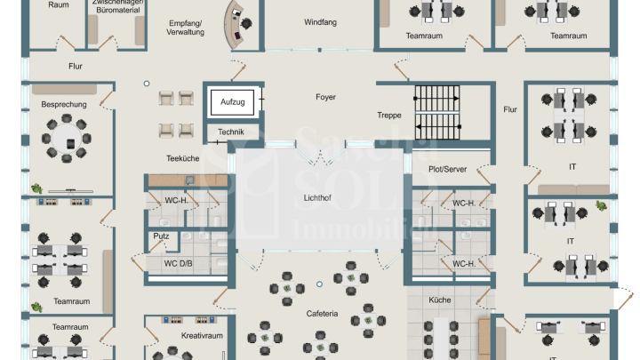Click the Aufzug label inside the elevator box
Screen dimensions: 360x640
(232, 102)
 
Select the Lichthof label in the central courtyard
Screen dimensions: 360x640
(317, 197)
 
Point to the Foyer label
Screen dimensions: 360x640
(325, 97)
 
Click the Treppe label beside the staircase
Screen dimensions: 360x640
(389, 116)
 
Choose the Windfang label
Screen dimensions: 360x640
(319, 21)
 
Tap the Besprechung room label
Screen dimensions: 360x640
(64, 104)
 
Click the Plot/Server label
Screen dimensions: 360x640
(449, 168)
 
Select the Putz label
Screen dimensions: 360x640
(161, 236)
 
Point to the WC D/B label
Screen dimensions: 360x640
(178, 263)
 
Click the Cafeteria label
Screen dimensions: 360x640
(323, 313)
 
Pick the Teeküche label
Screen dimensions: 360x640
(182, 158)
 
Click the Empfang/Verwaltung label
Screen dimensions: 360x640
(185, 27)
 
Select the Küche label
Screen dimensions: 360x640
(440, 300)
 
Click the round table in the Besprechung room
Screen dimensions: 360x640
(66, 142)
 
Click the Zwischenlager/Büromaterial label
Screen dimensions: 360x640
(116, 6)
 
